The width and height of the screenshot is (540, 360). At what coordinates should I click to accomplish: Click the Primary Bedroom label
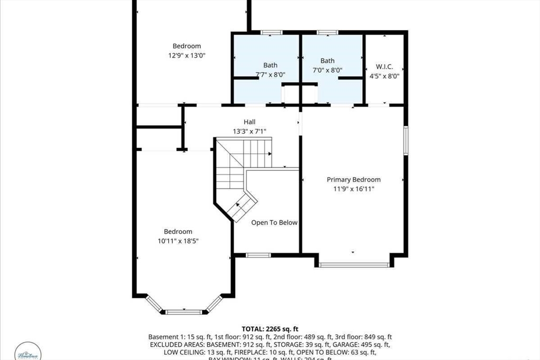353,180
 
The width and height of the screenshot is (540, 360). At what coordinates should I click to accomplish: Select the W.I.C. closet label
384,67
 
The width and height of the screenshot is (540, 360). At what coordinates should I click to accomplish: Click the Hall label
249,122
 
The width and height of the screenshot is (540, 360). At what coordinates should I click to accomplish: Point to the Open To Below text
274,222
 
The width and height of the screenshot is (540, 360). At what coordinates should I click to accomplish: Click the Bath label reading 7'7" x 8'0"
270,65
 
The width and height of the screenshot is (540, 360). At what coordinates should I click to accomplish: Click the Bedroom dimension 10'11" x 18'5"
178,240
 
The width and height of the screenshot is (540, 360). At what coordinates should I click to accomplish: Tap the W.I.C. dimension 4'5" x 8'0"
384,76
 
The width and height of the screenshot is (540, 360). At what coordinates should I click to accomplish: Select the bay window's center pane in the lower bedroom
184,312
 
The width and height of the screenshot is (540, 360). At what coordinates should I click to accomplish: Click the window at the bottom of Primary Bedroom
354,265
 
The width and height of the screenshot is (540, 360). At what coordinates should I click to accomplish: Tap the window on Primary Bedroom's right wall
406,140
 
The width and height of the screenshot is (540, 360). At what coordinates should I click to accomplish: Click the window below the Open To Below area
258,256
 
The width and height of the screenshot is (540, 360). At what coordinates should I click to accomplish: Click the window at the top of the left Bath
272,33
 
